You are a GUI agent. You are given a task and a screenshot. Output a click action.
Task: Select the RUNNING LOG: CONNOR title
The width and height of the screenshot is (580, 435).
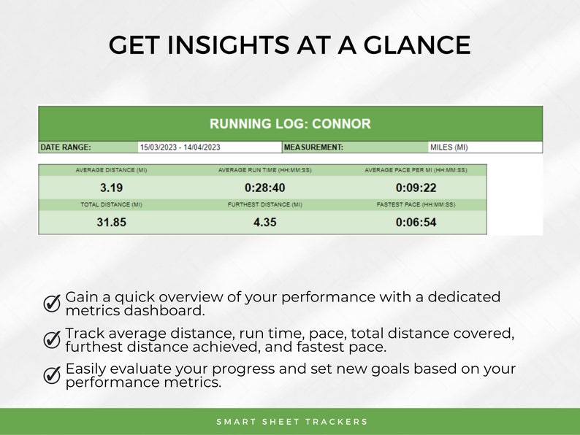tap(290, 123)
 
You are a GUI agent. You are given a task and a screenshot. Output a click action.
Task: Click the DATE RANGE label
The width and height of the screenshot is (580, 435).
tap(66, 147)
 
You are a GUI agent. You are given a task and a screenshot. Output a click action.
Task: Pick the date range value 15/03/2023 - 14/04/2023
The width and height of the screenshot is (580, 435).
tap(180, 147)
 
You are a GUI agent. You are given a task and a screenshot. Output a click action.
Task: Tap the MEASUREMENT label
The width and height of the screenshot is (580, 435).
tap(313, 147)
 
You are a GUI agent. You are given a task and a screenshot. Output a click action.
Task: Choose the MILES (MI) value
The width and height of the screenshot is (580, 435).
tap(449, 147)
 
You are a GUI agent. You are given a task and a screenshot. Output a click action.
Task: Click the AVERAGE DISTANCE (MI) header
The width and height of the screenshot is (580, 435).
tap(111, 170)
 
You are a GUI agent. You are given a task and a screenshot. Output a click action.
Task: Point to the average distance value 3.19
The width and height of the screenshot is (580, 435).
tap(111, 188)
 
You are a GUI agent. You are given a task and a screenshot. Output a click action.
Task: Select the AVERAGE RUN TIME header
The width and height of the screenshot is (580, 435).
tap(264, 170)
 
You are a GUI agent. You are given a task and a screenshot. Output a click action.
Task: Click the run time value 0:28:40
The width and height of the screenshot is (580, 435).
tap(264, 188)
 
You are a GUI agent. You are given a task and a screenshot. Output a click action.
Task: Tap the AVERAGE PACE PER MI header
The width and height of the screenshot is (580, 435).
tap(416, 170)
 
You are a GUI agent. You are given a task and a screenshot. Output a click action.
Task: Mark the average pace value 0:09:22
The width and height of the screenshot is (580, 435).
tap(416, 188)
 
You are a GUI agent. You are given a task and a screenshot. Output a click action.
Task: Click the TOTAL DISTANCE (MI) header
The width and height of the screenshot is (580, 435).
tap(111, 205)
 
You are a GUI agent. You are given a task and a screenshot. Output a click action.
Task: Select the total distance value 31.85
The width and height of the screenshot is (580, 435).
tap(111, 223)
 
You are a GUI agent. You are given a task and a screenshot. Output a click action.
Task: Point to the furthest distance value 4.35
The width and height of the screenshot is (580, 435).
tap(264, 223)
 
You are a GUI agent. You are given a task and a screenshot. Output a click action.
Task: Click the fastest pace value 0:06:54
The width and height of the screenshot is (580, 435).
tap(416, 223)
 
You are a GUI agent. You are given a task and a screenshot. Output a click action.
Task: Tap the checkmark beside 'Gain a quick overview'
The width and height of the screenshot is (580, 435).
tap(52, 304)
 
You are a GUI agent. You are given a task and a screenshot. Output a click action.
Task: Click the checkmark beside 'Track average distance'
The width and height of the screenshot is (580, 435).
tap(52, 339)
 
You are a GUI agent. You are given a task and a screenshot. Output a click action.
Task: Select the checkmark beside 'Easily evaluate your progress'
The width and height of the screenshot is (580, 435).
tap(52, 375)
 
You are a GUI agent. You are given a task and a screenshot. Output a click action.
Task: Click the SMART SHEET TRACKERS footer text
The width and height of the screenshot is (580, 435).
tap(292, 422)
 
